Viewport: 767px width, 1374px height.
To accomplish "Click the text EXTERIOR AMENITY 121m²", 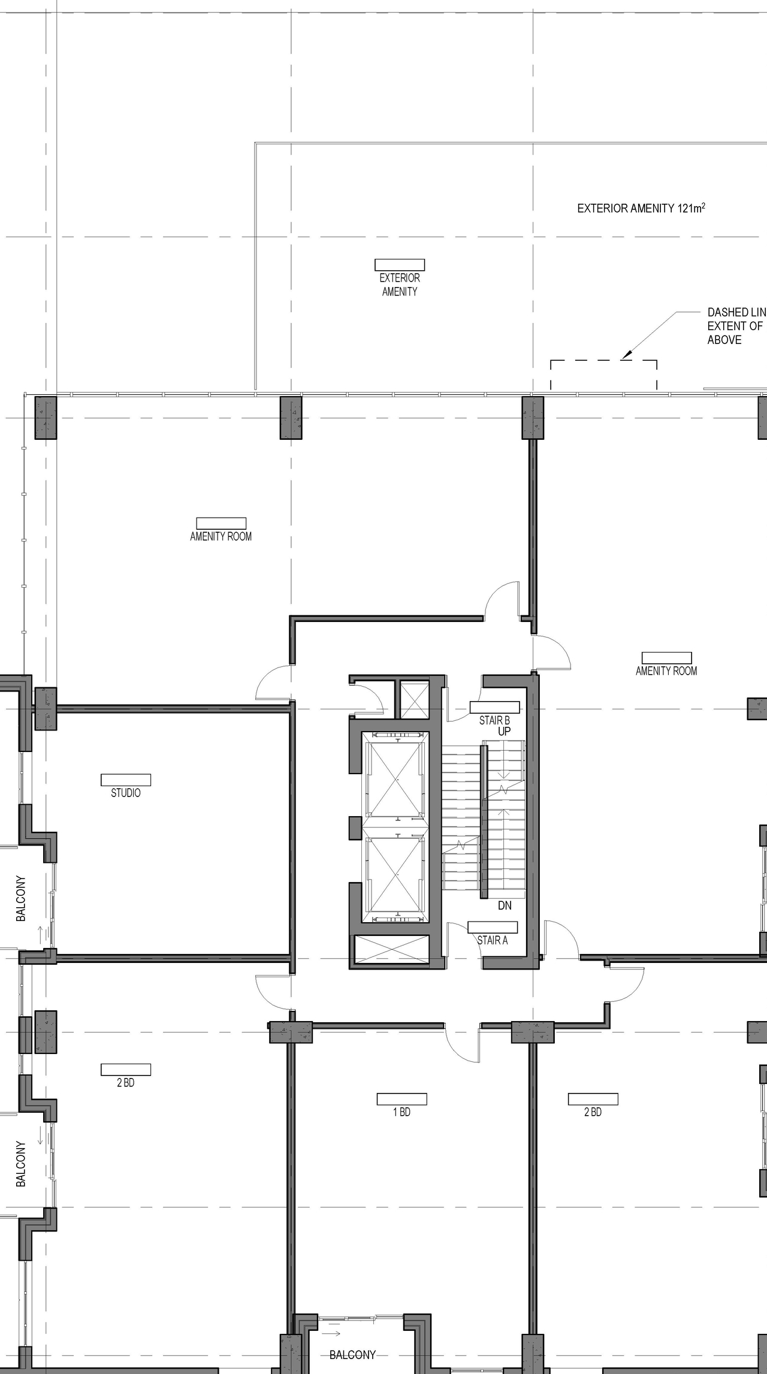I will click(x=641, y=209).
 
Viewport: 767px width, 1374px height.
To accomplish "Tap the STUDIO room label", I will click(x=126, y=793).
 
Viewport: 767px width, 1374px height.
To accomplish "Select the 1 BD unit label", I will click(x=401, y=1112).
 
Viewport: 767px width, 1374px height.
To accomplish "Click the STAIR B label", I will click(x=494, y=721).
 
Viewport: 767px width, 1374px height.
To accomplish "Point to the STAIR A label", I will click(x=493, y=940).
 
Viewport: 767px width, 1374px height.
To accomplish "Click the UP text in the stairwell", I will click(x=504, y=731).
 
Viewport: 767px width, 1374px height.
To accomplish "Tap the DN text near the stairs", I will click(x=505, y=905).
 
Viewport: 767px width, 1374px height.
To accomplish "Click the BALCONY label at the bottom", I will click(x=352, y=1355).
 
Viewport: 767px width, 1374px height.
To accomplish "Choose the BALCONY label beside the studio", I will click(x=21, y=899).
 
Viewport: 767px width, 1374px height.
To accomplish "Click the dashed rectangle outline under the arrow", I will click(x=603, y=361).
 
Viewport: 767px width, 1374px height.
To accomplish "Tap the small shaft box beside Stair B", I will click(x=414, y=700).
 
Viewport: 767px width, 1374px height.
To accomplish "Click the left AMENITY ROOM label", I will click(x=221, y=536).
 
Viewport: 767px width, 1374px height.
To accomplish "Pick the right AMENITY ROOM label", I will click(x=666, y=671).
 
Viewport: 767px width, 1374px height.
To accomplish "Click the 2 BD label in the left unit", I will click(x=126, y=1083).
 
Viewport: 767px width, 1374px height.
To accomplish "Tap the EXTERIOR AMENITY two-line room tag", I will click(x=400, y=285).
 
